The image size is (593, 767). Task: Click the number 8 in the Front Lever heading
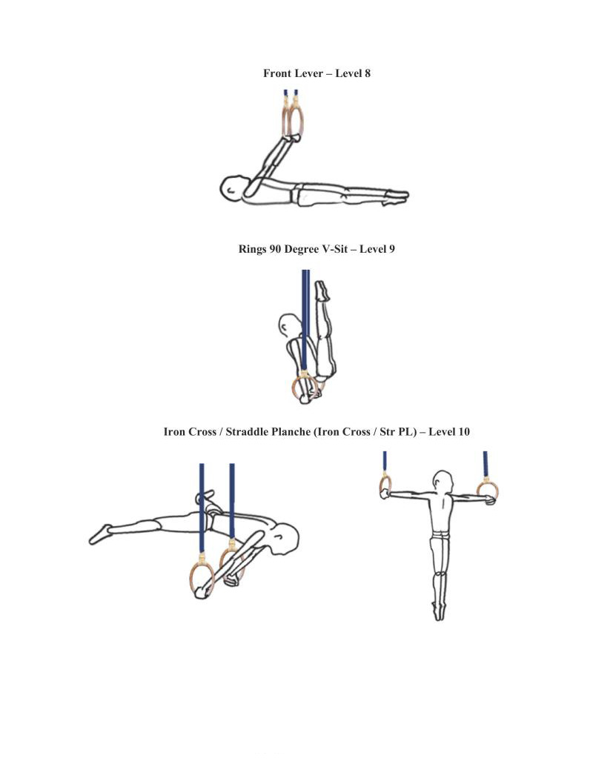click(x=368, y=73)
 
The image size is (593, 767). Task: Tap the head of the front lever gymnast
click(x=231, y=187)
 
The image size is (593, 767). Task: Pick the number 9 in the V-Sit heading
click(x=391, y=249)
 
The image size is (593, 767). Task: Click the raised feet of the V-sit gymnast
click(x=322, y=290)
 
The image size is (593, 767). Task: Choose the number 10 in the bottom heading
click(x=463, y=432)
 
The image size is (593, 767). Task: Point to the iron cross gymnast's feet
click(x=439, y=611)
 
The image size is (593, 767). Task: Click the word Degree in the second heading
click(x=302, y=250)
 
